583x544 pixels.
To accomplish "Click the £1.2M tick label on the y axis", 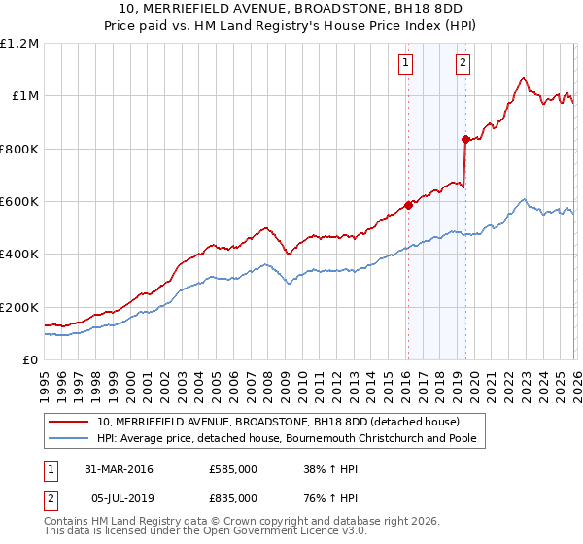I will tap(19, 44).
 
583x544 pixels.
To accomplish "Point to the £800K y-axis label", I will tap(19, 149).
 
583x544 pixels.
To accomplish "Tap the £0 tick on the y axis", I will tap(29, 359).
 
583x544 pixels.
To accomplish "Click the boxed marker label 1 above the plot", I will tap(405, 64).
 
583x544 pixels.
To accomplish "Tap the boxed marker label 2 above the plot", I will tap(463, 64).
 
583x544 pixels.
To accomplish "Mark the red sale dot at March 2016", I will tap(407, 206).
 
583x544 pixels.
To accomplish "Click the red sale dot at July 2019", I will tap(465, 140).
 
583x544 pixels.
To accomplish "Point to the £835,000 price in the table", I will tap(233, 497).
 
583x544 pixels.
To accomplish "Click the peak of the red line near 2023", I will tap(523, 78).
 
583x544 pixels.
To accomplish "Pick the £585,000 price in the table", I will tap(233, 469).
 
